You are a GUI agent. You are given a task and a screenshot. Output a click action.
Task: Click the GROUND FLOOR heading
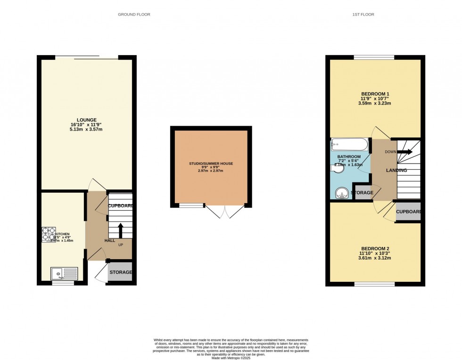[134, 15]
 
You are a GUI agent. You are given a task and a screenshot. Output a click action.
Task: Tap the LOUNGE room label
[88, 120]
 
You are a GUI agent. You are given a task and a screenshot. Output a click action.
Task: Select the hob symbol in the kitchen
[48, 234]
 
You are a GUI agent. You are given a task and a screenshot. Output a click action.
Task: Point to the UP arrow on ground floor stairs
[120, 230]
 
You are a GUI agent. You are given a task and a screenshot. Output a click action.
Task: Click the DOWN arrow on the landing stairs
[405, 152]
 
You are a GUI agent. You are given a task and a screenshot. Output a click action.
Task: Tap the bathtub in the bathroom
[349, 144]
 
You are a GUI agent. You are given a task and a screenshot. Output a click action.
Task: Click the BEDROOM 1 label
[375, 93]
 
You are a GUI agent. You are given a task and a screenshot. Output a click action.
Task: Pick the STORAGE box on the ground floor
[120, 272]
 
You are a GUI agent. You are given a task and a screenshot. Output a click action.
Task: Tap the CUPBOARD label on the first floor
[408, 212]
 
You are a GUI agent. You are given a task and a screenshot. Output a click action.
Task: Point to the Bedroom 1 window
[374, 57]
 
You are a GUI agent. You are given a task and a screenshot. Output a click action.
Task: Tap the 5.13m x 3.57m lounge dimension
[88, 131]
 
